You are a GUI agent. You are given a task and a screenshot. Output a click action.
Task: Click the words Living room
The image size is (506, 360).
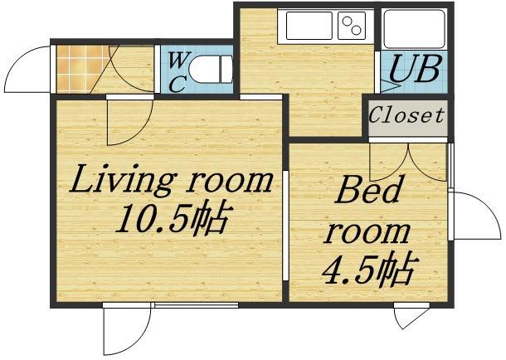tap(171, 179)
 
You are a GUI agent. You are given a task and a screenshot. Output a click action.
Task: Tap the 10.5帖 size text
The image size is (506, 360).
tap(172, 219)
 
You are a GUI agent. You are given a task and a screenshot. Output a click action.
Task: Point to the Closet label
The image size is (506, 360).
tap(406, 115)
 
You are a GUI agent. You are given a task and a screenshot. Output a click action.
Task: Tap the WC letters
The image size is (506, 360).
tap(176, 71)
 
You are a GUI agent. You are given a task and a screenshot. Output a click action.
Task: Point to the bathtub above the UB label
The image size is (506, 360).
tap(414, 27)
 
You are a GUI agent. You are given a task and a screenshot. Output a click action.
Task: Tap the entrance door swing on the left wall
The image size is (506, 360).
tap(32, 65)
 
